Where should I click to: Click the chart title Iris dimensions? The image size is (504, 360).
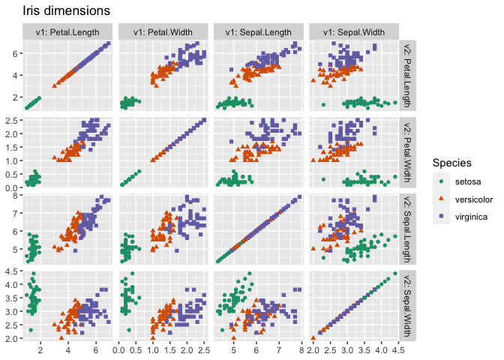(67, 11)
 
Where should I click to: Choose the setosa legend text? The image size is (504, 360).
(466, 181)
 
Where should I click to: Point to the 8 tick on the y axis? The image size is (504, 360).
(16, 196)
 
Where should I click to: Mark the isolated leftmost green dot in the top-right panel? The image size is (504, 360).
(323, 104)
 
